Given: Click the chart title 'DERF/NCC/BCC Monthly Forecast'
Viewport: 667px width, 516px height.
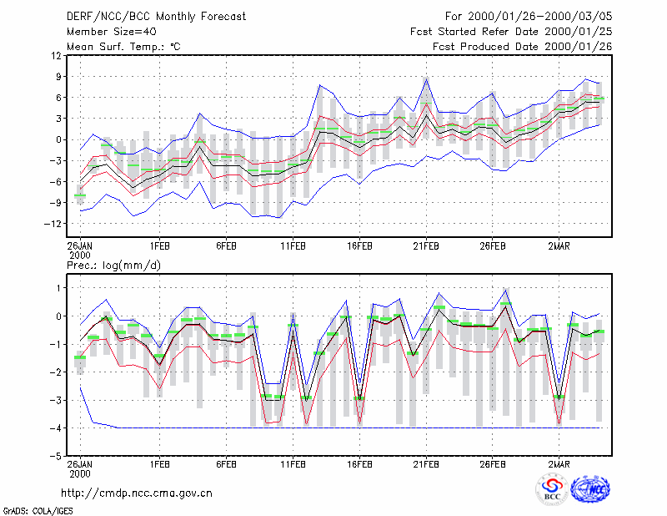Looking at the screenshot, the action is pyautogui.click(x=156, y=17).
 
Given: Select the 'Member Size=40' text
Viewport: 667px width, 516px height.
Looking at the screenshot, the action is pyautogui.click(x=112, y=32).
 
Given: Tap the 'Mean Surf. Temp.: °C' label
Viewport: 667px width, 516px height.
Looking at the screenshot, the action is pyautogui.click(x=123, y=47).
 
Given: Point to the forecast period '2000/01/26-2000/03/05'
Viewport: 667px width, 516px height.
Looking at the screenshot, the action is pyautogui.click(x=539, y=17).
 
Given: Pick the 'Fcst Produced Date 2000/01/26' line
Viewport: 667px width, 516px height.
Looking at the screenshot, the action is pyautogui.click(x=523, y=47).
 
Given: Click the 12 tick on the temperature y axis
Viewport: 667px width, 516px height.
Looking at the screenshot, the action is pyautogui.click(x=56, y=56).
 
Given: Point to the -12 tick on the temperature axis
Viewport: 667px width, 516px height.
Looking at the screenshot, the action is pyautogui.click(x=53, y=223).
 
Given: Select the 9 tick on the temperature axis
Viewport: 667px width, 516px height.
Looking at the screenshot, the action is pyautogui.click(x=58, y=77).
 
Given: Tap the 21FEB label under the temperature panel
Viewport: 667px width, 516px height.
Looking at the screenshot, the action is pyautogui.click(x=426, y=246).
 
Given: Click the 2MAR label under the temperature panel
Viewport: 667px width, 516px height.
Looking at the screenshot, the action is pyautogui.click(x=559, y=246).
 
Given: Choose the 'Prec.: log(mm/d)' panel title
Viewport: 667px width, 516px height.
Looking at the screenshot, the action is pyautogui.click(x=114, y=266).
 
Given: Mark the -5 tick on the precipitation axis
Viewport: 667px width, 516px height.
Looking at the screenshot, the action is pyautogui.click(x=55, y=456).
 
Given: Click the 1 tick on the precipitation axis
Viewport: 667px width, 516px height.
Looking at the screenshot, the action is pyautogui.click(x=58, y=288).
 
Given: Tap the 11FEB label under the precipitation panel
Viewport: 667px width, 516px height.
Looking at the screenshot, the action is pyautogui.click(x=293, y=464).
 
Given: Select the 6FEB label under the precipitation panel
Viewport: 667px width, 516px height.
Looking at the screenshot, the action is pyautogui.click(x=226, y=464).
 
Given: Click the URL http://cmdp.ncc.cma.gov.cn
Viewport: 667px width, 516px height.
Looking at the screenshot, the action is pyautogui.click(x=137, y=493).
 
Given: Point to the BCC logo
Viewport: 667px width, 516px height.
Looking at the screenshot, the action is pyautogui.click(x=552, y=489).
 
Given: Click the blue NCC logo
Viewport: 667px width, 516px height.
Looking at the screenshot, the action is pyautogui.click(x=590, y=489).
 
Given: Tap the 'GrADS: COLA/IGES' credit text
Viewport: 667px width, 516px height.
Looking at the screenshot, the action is pyautogui.click(x=38, y=511).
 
